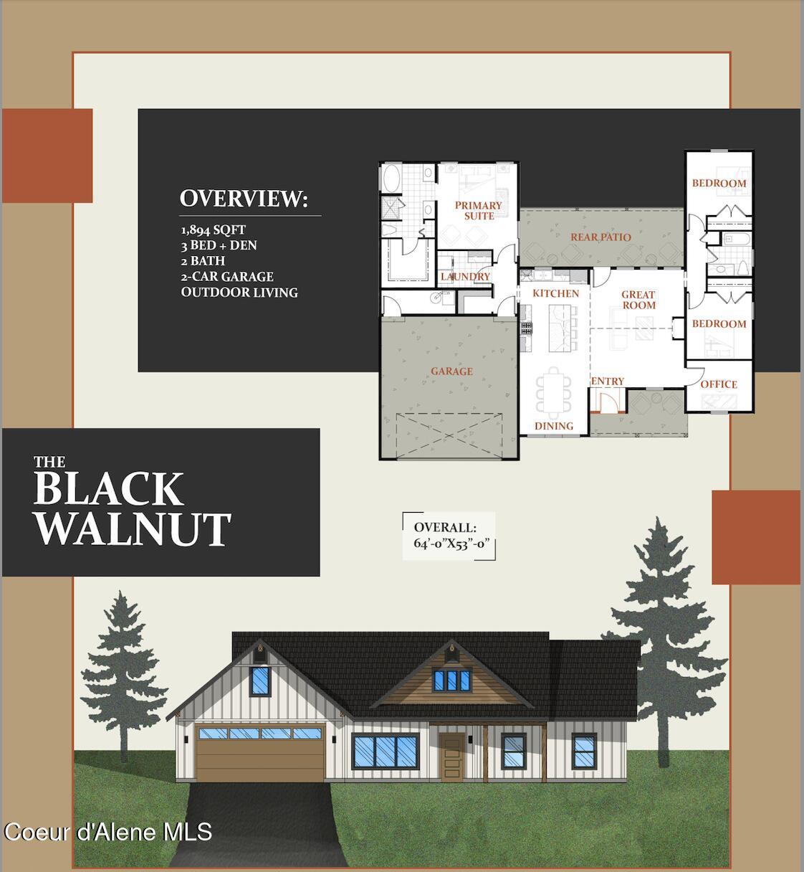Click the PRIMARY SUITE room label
click(478, 210)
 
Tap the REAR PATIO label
click(600, 237)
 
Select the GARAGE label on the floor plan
click(451, 371)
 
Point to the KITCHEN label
click(555, 293)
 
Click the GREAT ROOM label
click(638, 300)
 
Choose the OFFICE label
click(719, 384)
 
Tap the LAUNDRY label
click(465, 277)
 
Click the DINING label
click(554, 426)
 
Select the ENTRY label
click(608, 381)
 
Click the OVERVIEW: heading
click(244, 199)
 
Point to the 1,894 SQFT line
click(213, 230)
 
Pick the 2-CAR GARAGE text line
click(227, 277)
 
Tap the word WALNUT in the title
click(133, 529)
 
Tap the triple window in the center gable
click(450, 680)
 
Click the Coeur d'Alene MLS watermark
click(107, 832)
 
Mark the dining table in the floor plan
click(553, 392)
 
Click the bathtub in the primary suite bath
click(391, 179)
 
